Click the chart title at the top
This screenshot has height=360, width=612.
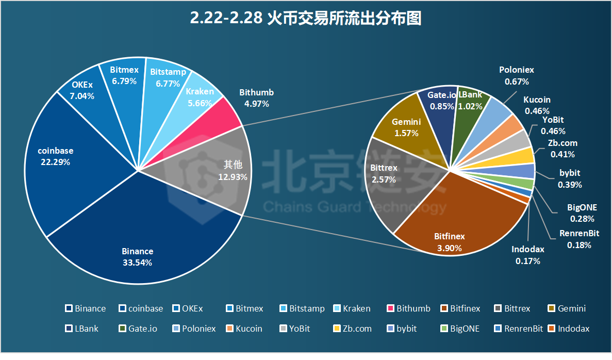point(306,19)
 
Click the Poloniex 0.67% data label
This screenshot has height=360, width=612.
point(517,75)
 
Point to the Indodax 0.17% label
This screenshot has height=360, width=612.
point(528,255)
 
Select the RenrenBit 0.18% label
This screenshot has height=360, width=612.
point(579,239)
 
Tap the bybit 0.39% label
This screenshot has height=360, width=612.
point(570,179)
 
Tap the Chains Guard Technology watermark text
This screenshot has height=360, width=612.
point(355,208)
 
